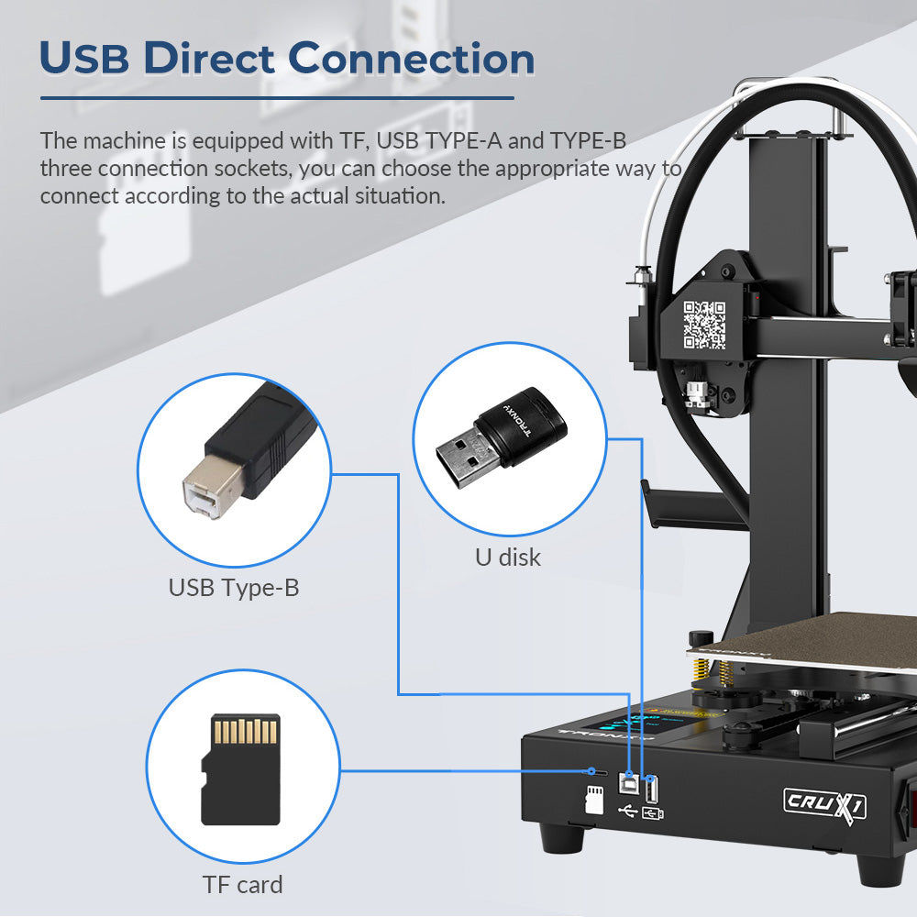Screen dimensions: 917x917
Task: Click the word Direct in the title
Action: point(209,58)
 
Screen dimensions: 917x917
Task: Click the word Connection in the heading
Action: point(412,59)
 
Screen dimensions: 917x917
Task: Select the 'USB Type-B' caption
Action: point(234,588)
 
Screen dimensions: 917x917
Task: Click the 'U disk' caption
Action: point(508,558)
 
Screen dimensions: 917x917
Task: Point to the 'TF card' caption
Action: point(242,885)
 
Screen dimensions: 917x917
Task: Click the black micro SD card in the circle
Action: point(240,769)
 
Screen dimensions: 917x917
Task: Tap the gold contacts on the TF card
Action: point(246,731)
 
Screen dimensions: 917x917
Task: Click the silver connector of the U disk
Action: point(469,458)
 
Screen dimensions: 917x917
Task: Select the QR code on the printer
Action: point(704,326)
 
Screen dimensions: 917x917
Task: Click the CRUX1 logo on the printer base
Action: point(824,803)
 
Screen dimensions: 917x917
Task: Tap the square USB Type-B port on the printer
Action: point(628,783)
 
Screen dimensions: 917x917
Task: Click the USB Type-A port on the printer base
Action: point(650,789)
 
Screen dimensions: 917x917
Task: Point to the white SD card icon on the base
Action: point(594,800)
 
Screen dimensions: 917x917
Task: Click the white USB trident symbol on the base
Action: point(627,811)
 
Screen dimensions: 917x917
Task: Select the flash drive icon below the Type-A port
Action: point(652,813)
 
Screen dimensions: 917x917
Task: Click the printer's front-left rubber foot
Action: point(562,837)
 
